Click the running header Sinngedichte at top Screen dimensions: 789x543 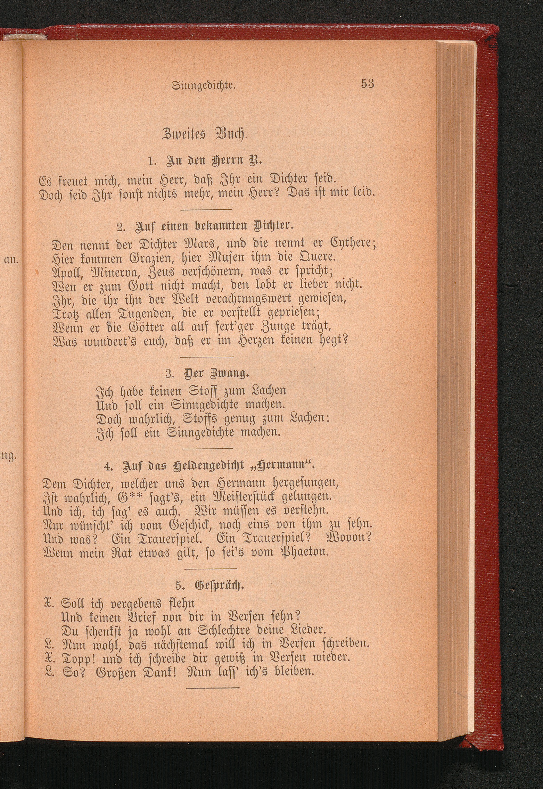[x=204, y=85]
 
